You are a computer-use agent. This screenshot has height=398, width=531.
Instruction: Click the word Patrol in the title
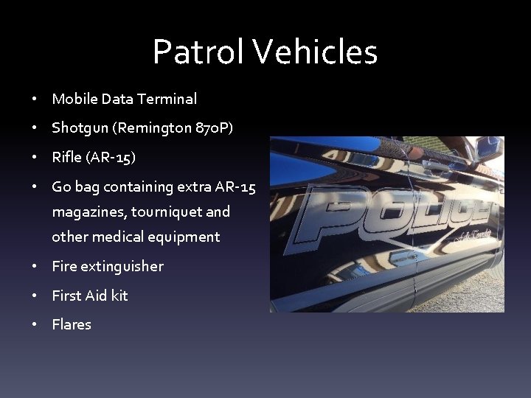198,52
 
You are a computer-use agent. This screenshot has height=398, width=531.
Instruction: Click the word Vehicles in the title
316,52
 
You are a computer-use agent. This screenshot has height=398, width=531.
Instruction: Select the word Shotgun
79,128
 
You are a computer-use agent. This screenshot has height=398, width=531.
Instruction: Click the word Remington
154,128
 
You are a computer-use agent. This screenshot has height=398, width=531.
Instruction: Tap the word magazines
88,212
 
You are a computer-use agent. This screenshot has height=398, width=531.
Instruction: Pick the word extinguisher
122,266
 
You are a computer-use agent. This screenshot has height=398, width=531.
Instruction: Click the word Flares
72,325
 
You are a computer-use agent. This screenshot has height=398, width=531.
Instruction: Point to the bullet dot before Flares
35,325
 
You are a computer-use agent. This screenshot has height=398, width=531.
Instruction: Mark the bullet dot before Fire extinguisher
35,266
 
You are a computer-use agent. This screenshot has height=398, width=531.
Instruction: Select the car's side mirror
489,148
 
